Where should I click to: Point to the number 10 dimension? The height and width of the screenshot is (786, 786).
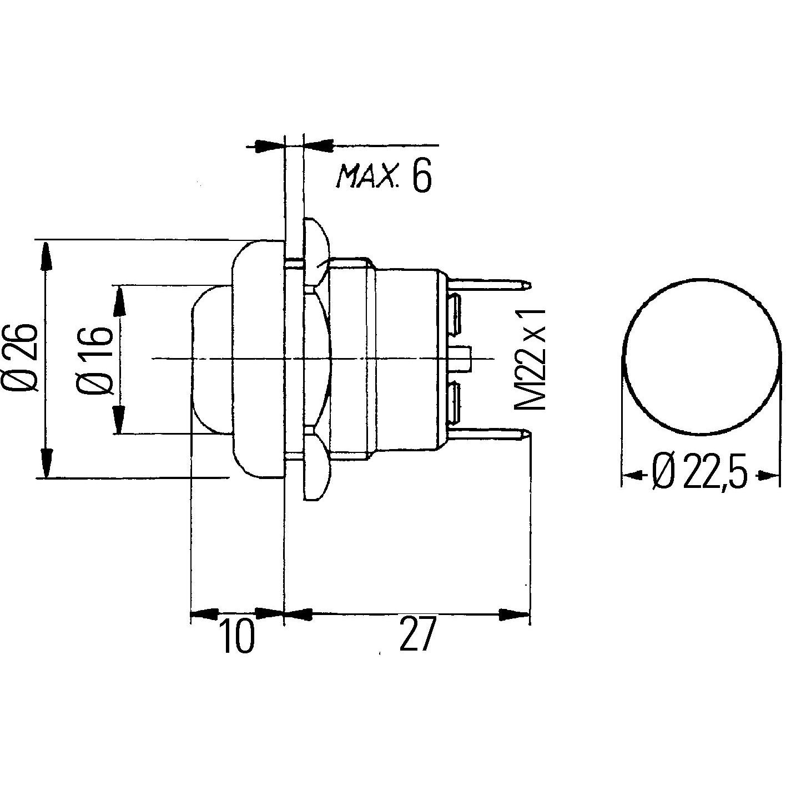point(237,636)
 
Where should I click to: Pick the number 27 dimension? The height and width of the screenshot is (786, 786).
point(415,634)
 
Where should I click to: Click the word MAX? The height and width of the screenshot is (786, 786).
point(367,177)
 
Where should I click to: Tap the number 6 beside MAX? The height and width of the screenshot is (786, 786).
point(421,178)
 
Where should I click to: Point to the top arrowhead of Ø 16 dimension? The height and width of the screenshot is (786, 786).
point(119,300)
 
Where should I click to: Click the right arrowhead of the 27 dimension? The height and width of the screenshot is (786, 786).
point(514,614)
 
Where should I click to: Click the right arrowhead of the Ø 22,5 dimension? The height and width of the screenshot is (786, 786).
point(768,475)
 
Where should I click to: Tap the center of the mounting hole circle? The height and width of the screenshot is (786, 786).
point(701,356)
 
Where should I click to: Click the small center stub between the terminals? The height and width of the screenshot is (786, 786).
point(462,358)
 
